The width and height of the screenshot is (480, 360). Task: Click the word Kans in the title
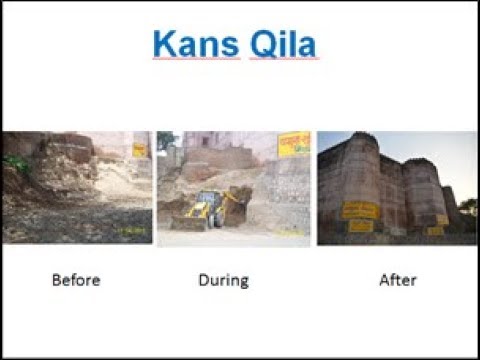click(x=194, y=44)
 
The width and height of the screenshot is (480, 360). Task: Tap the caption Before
click(x=76, y=280)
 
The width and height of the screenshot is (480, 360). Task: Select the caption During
click(x=223, y=280)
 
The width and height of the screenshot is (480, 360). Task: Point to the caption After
click(x=396, y=280)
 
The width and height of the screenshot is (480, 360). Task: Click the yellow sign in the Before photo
click(x=139, y=149)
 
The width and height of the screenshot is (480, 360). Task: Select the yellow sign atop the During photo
click(x=293, y=143)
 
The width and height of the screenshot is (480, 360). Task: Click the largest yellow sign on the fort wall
click(x=360, y=210)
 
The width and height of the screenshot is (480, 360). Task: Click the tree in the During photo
click(x=165, y=141)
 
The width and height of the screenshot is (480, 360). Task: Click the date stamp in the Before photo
click(x=130, y=231)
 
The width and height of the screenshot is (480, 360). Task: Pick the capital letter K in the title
click(x=165, y=44)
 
